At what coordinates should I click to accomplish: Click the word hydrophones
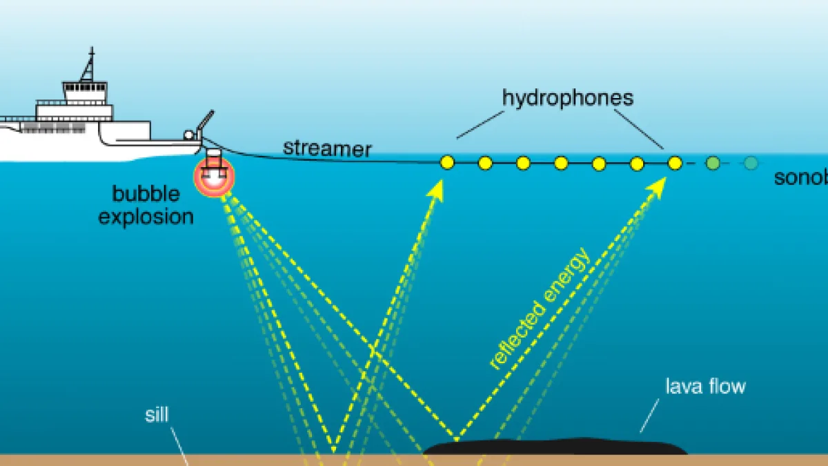pos(567,98)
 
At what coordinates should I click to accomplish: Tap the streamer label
pos(327,148)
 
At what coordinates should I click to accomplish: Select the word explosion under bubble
pos(146,216)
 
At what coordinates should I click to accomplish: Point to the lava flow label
pos(704,385)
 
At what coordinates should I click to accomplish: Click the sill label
pos(157,414)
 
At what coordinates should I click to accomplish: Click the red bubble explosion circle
pos(215,173)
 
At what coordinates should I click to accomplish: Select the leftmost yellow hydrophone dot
pos(447,163)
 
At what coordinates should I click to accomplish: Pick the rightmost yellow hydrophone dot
pos(675,163)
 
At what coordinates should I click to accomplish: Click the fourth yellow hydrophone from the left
pos(561,163)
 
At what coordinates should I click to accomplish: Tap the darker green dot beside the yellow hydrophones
pos(713,163)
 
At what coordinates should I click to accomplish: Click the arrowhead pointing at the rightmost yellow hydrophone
pos(658,185)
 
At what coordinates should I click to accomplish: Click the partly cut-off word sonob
pos(800,178)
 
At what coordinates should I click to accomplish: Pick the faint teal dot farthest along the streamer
pos(751,163)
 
